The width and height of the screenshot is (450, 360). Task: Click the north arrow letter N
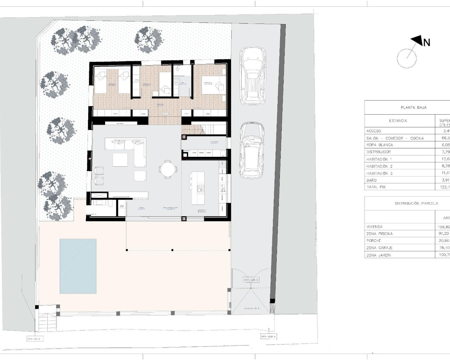pyautogui.click(x=426, y=43)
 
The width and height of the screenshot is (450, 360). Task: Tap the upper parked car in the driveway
pyautogui.click(x=252, y=76)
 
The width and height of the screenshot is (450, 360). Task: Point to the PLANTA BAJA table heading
pyautogui.click(x=413, y=108)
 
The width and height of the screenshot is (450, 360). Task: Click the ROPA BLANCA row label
pyautogui.click(x=379, y=145)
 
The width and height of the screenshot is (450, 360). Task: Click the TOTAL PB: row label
pyautogui.click(x=376, y=187)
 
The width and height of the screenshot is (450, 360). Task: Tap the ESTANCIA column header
pyautogui.click(x=398, y=121)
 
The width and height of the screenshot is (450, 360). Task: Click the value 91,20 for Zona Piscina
pyautogui.click(x=444, y=234)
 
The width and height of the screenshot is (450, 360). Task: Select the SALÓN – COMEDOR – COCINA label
pyautogui.click(x=395, y=138)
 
